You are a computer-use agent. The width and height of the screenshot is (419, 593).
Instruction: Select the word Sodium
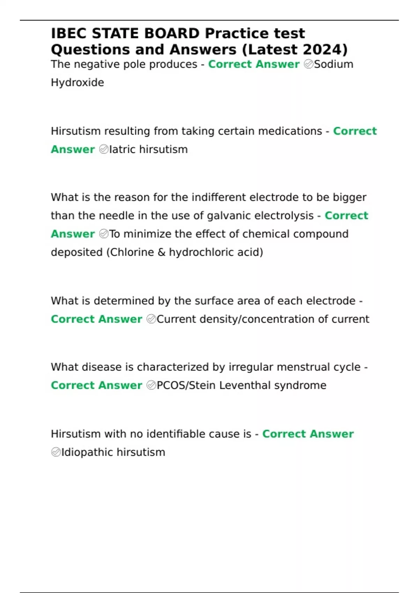coord(334,64)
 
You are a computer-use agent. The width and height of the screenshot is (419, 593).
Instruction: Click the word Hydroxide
coord(78,83)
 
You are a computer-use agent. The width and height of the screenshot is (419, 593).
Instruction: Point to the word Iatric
coord(123,149)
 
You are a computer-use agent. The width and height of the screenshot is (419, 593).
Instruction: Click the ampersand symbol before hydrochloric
coord(161,252)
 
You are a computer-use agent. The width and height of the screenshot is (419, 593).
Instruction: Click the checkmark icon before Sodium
coord(308,64)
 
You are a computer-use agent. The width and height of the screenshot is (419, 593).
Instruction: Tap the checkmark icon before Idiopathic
coord(56,452)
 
